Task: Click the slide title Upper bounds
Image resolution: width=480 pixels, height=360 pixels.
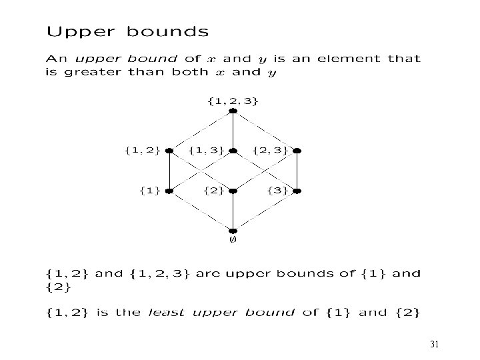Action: pos(127,31)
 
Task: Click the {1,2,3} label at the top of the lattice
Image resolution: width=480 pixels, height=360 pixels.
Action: pos(233,101)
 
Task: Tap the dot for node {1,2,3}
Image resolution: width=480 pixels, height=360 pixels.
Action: pos(233,111)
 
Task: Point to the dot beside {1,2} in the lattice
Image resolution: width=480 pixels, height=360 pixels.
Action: pos(169,151)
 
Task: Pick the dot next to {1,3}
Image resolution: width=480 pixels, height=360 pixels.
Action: pos(233,151)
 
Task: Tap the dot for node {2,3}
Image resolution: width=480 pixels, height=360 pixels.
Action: pos(297,151)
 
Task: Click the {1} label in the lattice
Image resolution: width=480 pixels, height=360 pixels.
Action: pos(149,191)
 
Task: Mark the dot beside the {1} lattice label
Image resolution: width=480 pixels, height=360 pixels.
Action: pos(169,191)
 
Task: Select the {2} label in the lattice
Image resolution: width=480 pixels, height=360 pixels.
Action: pos(213,191)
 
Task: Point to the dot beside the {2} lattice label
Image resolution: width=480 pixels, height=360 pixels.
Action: pos(233,191)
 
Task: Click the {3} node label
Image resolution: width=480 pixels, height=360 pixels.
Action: pos(277,191)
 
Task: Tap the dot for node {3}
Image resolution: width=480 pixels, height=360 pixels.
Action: pos(297,191)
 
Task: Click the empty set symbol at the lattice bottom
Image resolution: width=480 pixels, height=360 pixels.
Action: pos(233,239)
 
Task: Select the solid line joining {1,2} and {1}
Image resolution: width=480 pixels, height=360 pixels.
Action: pos(169,171)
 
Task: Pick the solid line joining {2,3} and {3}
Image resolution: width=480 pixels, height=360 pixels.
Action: pos(297,171)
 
